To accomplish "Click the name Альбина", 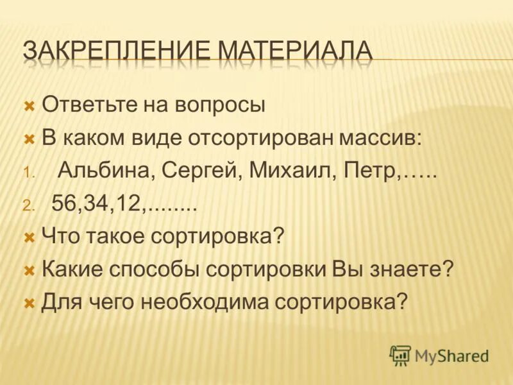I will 105,171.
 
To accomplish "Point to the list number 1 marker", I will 27,173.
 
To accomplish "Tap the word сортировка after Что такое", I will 217,236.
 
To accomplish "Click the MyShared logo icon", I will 400,354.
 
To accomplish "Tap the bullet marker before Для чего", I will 28,302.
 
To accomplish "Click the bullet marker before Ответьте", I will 28,105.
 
